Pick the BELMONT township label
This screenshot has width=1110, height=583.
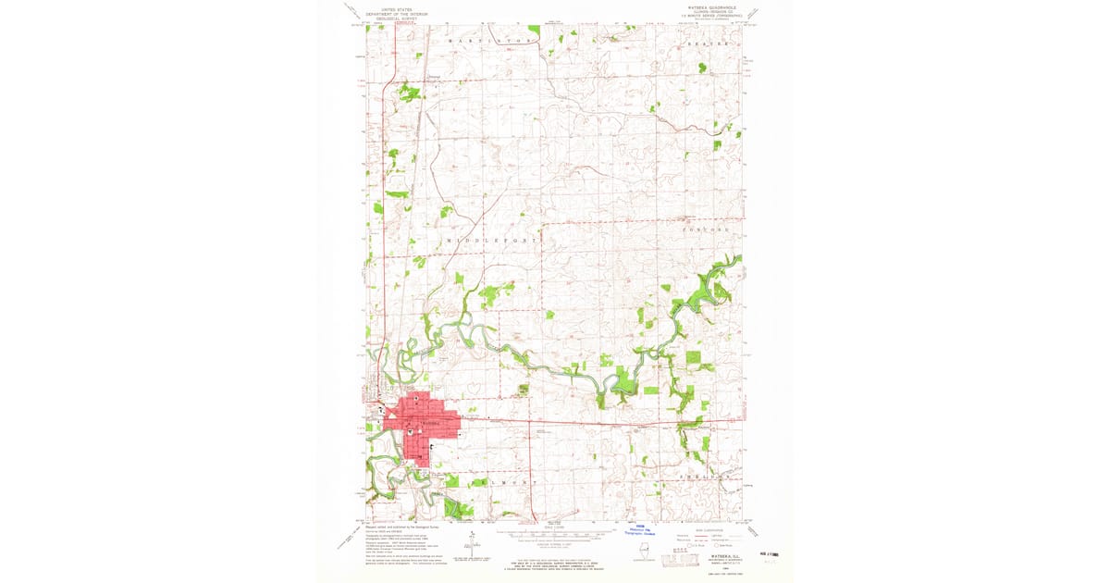click(504, 482)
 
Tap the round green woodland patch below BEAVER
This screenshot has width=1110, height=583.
click(703, 67)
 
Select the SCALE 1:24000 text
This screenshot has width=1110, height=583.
click(553, 525)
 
